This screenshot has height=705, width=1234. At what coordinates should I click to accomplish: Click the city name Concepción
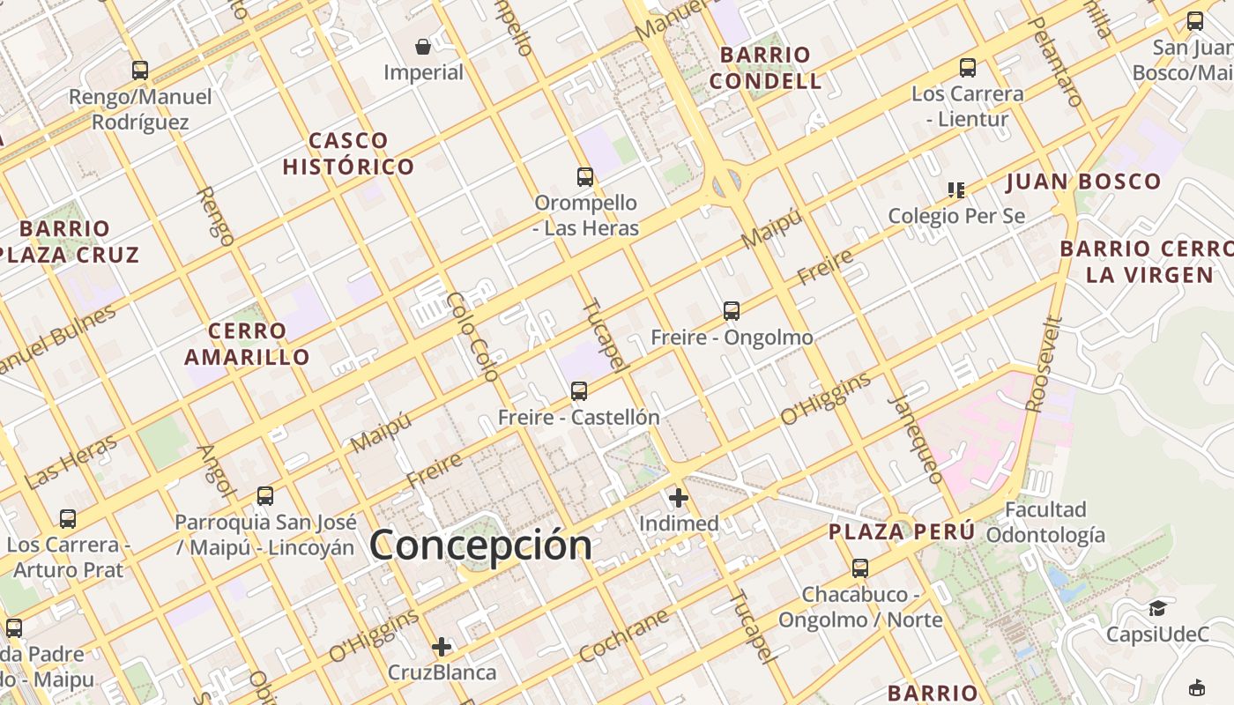click(480, 545)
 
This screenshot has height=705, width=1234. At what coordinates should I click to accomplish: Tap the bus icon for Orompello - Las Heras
click(585, 177)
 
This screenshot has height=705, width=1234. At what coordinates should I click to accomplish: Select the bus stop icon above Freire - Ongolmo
click(732, 311)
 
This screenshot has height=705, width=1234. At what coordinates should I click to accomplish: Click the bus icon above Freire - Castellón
click(579, 391)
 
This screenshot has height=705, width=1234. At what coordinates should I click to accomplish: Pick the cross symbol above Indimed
click(679, 498)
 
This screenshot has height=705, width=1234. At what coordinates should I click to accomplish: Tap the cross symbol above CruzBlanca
click(442, 647)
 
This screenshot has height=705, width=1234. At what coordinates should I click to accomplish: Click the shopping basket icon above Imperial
click(423, 47)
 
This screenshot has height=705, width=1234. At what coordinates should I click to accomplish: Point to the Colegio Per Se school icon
click(956, 189)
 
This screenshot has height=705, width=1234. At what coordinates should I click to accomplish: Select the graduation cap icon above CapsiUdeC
click(1157, 608)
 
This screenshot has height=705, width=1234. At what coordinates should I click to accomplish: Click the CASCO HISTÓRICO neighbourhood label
click(349, 153)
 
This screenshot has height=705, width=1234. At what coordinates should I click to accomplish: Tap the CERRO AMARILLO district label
click(247, 344)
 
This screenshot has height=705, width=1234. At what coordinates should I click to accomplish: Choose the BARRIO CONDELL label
click(765, 68)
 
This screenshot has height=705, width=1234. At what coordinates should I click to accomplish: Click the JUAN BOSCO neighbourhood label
click(1083, 182)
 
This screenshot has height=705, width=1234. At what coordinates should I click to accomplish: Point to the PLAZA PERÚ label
click(902, 532)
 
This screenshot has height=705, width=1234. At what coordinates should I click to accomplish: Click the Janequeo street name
click(918, 438)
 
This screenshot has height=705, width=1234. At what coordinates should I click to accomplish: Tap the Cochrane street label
click(625, 635)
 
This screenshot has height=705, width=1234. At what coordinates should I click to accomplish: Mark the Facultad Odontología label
click(1045, 522)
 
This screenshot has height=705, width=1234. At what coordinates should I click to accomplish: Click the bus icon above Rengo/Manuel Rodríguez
click(140, 70)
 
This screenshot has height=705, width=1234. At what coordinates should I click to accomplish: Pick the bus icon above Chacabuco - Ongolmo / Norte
click(860, 568)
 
